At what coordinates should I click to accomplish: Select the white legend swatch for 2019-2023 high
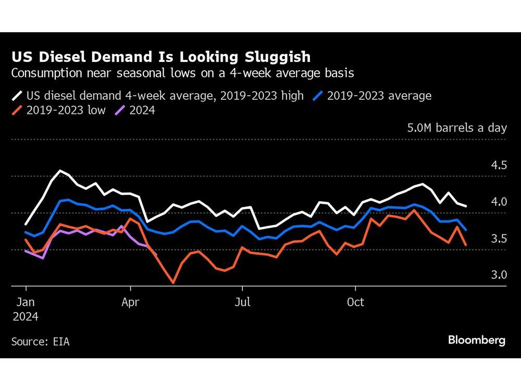tap(17, 96)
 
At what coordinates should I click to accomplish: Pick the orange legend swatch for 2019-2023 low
tap(17, 110)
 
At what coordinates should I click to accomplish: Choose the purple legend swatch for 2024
tap(120, 110)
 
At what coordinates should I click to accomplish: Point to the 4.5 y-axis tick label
tap(498, 165)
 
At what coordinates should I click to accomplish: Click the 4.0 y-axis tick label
tap(498, 202)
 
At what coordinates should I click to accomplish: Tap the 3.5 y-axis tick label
tap(498, 239)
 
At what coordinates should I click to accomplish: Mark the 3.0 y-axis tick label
tap(498, 275)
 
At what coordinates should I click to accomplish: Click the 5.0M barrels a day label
tap(457, 128)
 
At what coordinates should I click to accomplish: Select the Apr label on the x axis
tap(130, 302)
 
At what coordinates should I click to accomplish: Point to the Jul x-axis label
tap(242, 302)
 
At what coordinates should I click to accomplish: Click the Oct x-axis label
tap(355, 302)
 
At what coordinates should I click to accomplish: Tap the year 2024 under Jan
tap(26, 316)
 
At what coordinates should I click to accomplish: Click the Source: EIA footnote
tap(40, 342)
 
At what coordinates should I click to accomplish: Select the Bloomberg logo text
tap(476, 341)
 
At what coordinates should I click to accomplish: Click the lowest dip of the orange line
tap(172, 283)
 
